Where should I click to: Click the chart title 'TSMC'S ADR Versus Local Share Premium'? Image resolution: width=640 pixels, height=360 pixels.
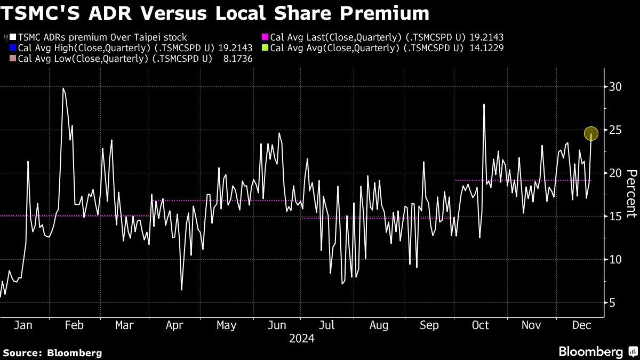[x=215, y=13]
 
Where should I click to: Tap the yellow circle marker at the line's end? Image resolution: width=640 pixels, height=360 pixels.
[x=591, y=133]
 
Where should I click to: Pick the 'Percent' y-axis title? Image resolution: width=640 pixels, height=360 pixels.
[x=631, y=194]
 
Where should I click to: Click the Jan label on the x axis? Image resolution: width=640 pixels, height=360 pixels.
[x=23, y=325]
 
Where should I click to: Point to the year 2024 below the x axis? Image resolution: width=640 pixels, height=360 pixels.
[x=301, y=339]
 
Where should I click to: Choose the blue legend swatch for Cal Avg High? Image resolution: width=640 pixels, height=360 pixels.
[x=13, y=48]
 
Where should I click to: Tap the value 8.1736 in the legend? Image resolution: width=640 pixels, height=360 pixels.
[x=235, y=59]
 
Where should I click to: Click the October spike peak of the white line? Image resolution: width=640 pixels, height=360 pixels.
[x=484, y=104]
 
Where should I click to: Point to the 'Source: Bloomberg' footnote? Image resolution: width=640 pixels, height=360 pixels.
[x=52, y=353]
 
